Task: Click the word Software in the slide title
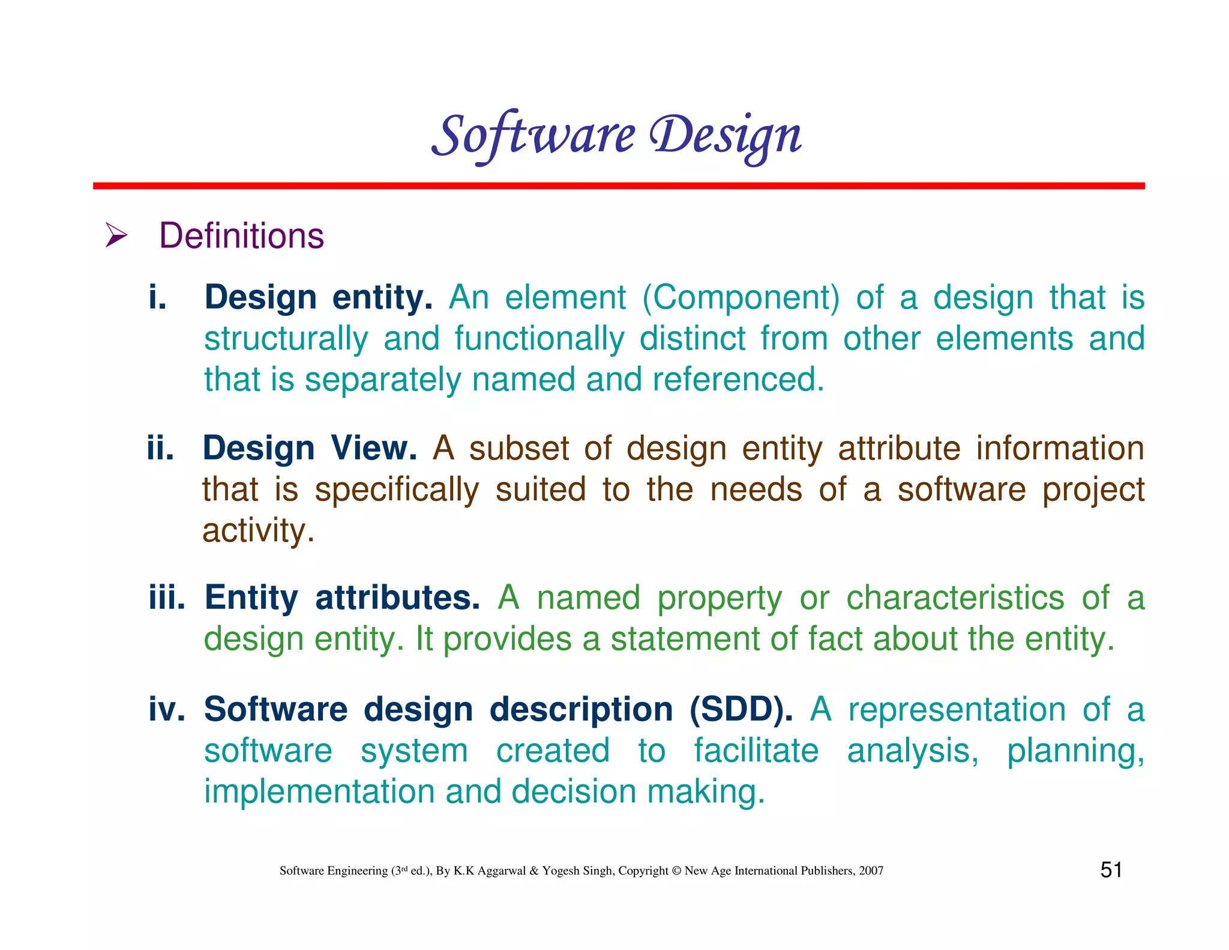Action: point(533,135)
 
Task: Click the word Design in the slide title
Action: point(726,135)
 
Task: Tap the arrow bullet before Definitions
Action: point(116,235)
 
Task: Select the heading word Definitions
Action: point(241,235)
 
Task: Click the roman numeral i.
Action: point(157,297)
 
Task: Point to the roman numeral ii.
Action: point(160,448)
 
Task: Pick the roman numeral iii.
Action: point(167,598)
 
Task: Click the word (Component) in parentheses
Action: point(741,298)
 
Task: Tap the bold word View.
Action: point(373,448)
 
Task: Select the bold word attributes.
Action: point(397,598)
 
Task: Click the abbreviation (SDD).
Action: point(741,709)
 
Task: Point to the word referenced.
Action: point(738,380)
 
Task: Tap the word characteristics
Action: point(955,598)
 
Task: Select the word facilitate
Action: point(756,751)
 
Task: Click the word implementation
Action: point(319,791)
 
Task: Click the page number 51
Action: point(1111,870)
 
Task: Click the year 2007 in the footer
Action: point(871,871)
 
